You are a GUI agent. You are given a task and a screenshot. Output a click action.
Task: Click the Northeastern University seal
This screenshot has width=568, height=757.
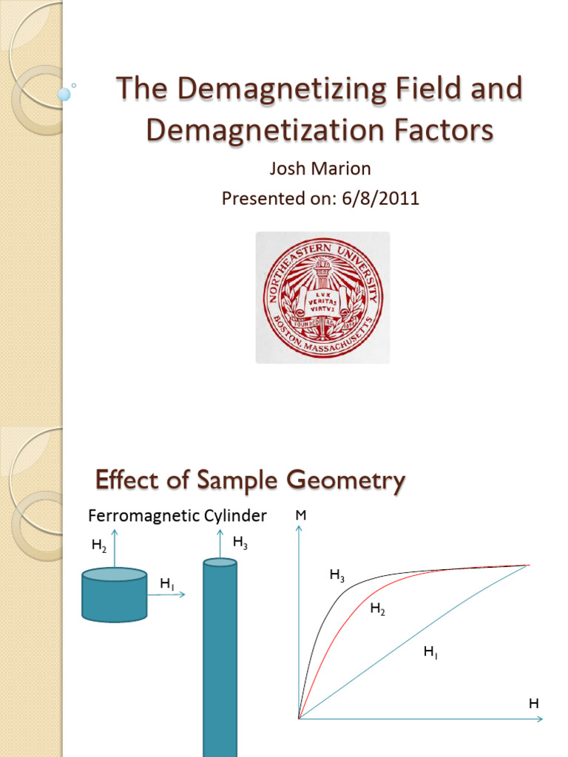tap(322, 297)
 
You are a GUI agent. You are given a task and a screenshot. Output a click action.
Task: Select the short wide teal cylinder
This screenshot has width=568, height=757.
tap(114, 594)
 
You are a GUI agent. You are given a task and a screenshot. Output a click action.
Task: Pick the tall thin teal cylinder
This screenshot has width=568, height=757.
tap(220, 658)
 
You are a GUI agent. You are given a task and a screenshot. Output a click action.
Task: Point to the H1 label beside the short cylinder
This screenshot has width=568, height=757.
tap(167, 584)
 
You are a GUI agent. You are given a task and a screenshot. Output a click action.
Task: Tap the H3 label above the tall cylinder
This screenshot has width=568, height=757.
tap(240, 543)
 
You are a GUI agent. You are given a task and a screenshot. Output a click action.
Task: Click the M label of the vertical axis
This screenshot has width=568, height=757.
tap(300, 515)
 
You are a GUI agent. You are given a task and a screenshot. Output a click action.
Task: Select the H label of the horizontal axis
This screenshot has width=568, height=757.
tap(533, 705)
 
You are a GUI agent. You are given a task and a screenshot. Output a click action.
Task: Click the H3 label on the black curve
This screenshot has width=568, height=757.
tap(337, 574)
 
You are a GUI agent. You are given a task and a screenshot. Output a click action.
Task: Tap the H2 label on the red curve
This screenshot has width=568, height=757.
tap(377, 609)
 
